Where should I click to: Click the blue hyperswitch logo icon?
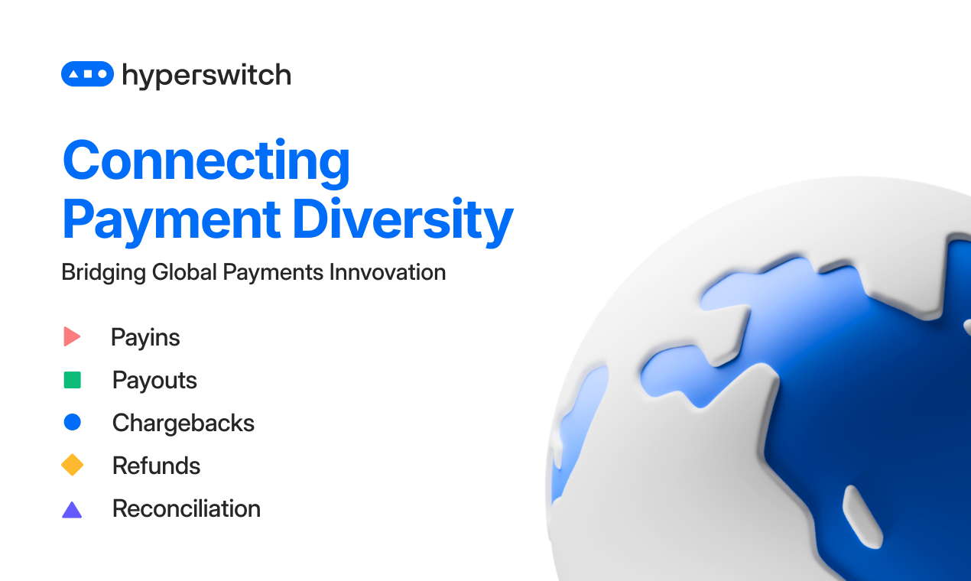[x=88, y=73]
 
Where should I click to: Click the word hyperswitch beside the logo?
[x=206, y=76]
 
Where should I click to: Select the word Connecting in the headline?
[x=206, y=163]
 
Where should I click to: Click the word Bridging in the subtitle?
[x=104, y=273]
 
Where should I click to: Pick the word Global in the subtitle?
[x=184, y=272]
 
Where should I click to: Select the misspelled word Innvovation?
[x=388, y=272]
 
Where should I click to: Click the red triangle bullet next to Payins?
[x=72, y=337]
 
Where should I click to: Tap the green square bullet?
[x=73, y=380]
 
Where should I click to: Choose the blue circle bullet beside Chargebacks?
[x=73, y=422]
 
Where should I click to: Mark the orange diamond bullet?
[x=73, y=465]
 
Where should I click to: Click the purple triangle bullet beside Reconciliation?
[x=72, y=510]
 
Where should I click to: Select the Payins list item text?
[x=145, y=338]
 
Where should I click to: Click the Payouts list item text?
[x=154, y=381]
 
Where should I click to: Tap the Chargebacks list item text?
[x=183, y=424]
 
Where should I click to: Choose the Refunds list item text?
[x=156, y=466]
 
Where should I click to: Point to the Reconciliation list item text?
[x=187, y=508]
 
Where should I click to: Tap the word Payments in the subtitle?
[x=273, y=273]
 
